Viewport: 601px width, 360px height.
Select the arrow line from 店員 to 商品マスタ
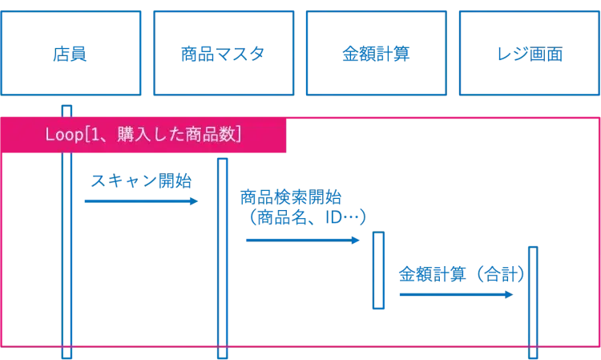(136, 201)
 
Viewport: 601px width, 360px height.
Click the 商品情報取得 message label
(292, 196)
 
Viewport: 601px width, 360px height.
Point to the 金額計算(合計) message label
(461, 273)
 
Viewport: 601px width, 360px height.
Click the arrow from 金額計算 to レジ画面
(453, 295)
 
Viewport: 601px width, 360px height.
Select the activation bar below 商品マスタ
(221, 249)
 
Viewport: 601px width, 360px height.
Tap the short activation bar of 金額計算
(379, 271)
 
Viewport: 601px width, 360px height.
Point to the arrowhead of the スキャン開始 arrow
(192, 201)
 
